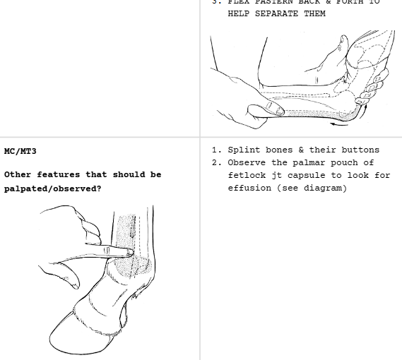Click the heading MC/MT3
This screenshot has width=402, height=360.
[x=20, y=151]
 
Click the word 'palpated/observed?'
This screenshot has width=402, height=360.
[x=52, y=188]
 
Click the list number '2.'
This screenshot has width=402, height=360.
[x=217, y=162]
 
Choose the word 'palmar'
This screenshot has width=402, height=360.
[x=302, y=162]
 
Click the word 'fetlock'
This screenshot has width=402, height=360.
[x=245, y=175]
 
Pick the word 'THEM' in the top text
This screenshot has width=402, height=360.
[x=315, y=13]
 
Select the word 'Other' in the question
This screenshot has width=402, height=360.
[x=17, y=174]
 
